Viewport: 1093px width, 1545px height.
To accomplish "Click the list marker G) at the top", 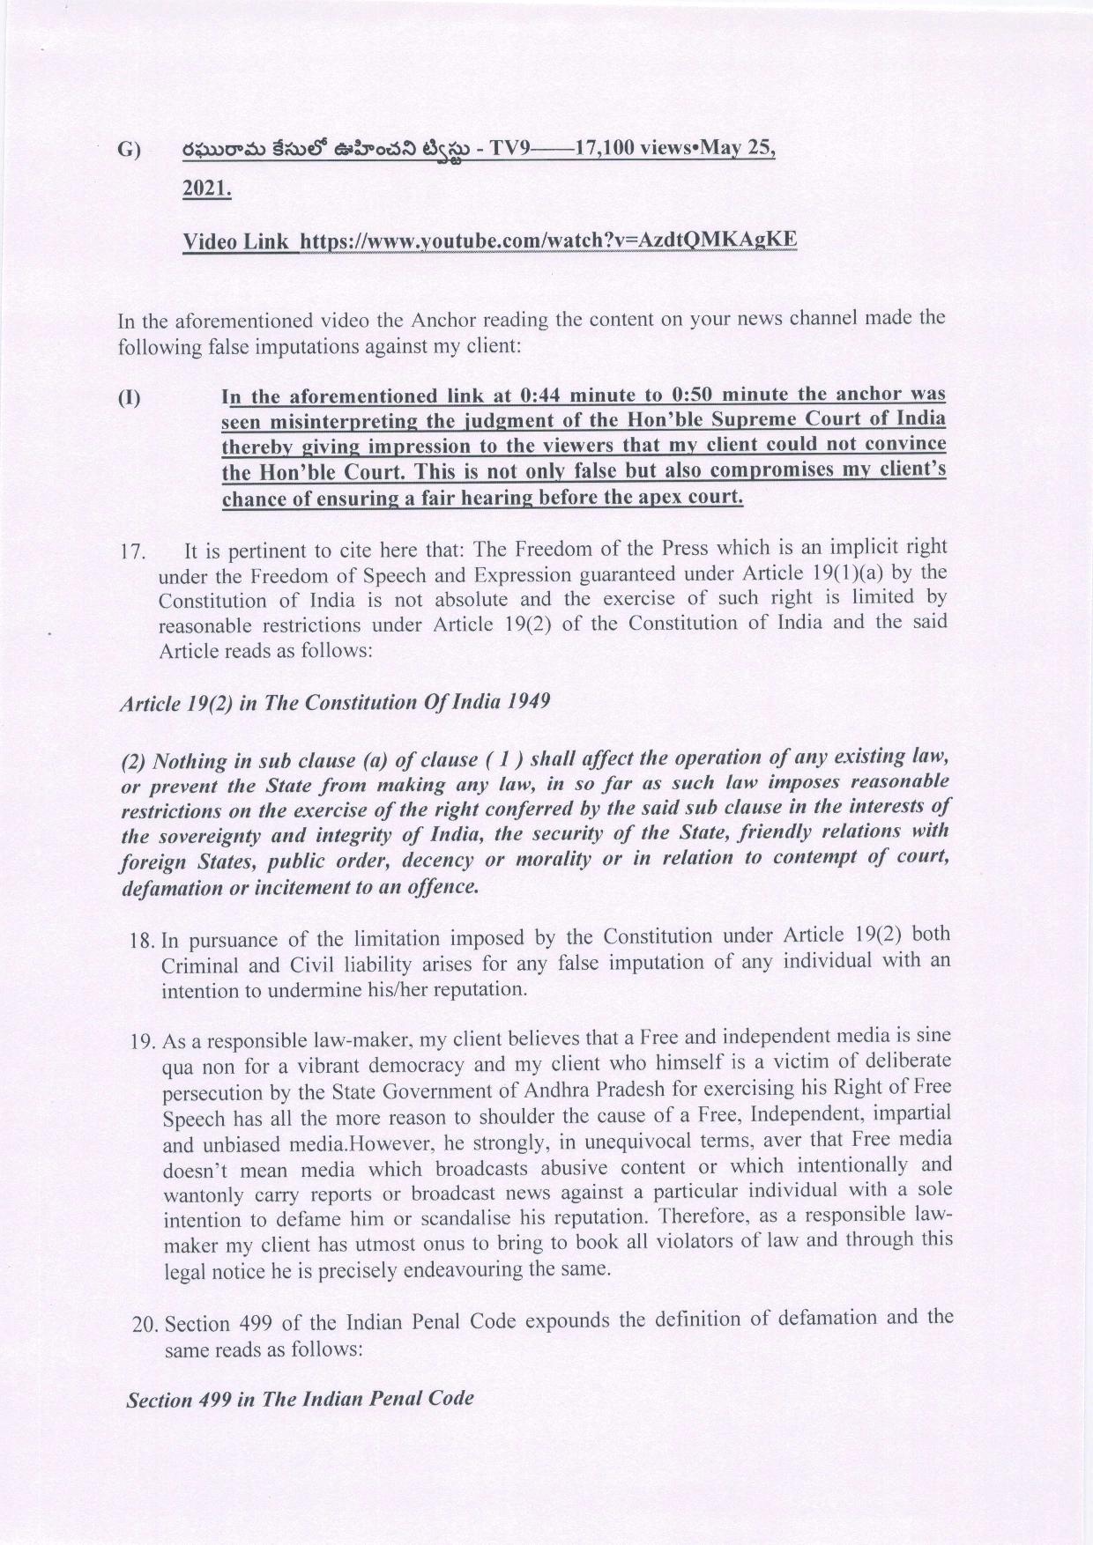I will click(x=129, y=151).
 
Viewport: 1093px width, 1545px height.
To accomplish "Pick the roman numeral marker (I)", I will click(x=130, y=397).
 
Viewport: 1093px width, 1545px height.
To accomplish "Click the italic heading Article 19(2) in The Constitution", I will click(x=335, y=702).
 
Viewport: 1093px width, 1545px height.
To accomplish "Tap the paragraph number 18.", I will click(x=145, y=941).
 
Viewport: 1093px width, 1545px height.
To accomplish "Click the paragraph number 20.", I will click(x=145, y=1325).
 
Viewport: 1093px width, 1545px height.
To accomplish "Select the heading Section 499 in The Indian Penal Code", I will click(x=300, y=1399).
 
